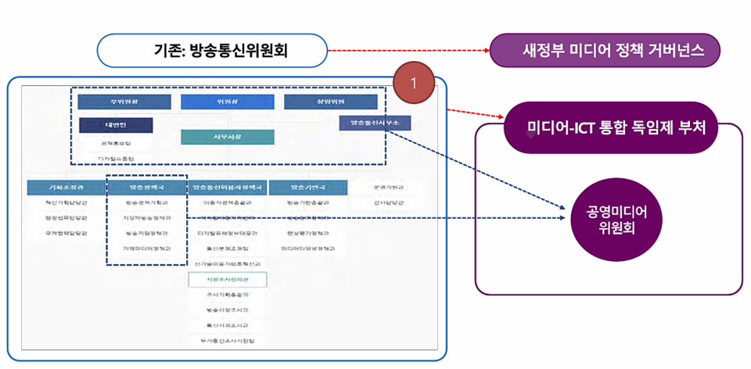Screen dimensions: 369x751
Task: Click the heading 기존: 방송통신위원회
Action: pyautogui.click(x=211, y=51)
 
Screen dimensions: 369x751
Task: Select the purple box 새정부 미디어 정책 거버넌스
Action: pyautogui.click(x=604, y=51)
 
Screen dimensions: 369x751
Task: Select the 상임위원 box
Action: pyautogui.click(x=331, y=102)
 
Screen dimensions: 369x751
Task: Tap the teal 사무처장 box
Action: pyautogui.click(x=227, y=137)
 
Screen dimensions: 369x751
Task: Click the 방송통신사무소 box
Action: pyautogui.click(x=375, y=123)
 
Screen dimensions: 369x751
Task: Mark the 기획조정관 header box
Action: pyautogui.click(x=66, y=188)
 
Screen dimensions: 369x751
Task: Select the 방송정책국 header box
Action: pyautogui.click(x=146, y=188)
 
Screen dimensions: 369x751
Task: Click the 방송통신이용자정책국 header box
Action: pyautogui.click(x=227, y=188)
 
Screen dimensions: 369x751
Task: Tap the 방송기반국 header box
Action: pyautogui.click(x=307, y=188)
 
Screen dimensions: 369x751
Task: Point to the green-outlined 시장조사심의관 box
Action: pyautogui.click(x=227, y=279)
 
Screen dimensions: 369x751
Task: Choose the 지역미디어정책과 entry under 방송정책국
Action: pyautogui.click(x=146, y=248)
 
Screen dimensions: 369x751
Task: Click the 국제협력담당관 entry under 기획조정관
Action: pyautogui.click(x=66, y=233)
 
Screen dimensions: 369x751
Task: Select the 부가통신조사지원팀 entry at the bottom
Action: pyautogui.click(x=227, y=341)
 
